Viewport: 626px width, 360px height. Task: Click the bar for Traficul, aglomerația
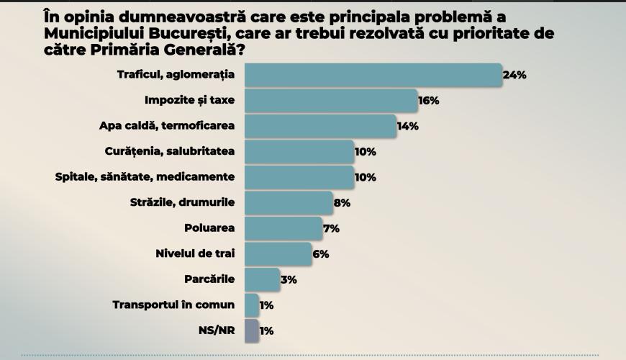[373, 75]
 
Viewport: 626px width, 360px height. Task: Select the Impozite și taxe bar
[331, 100]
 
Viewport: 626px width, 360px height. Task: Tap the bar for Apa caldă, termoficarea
[320, 126]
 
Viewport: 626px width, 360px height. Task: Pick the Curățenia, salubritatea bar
[299, 152]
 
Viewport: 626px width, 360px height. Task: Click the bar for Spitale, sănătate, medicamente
[299, 177]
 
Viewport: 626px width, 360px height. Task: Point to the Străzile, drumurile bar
[289, 203]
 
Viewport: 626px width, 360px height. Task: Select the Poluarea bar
[283, 228]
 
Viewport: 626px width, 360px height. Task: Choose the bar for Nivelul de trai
[278, 254]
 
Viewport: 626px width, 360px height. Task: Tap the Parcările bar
[262, 279]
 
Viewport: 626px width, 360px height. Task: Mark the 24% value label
[515, 75]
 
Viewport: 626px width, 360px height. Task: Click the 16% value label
[429, 100]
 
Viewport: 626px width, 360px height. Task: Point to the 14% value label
[408, 126]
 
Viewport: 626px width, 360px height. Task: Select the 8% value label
[343, 203]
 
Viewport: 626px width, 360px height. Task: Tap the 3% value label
[289, 279]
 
